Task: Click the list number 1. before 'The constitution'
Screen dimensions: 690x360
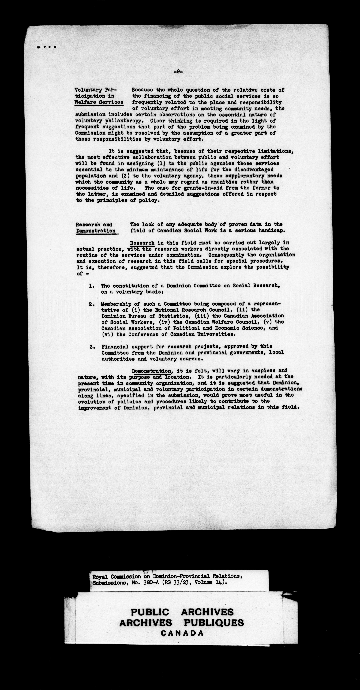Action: tap(92, 286)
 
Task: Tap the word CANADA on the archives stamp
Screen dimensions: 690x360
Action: tap(182, 633)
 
